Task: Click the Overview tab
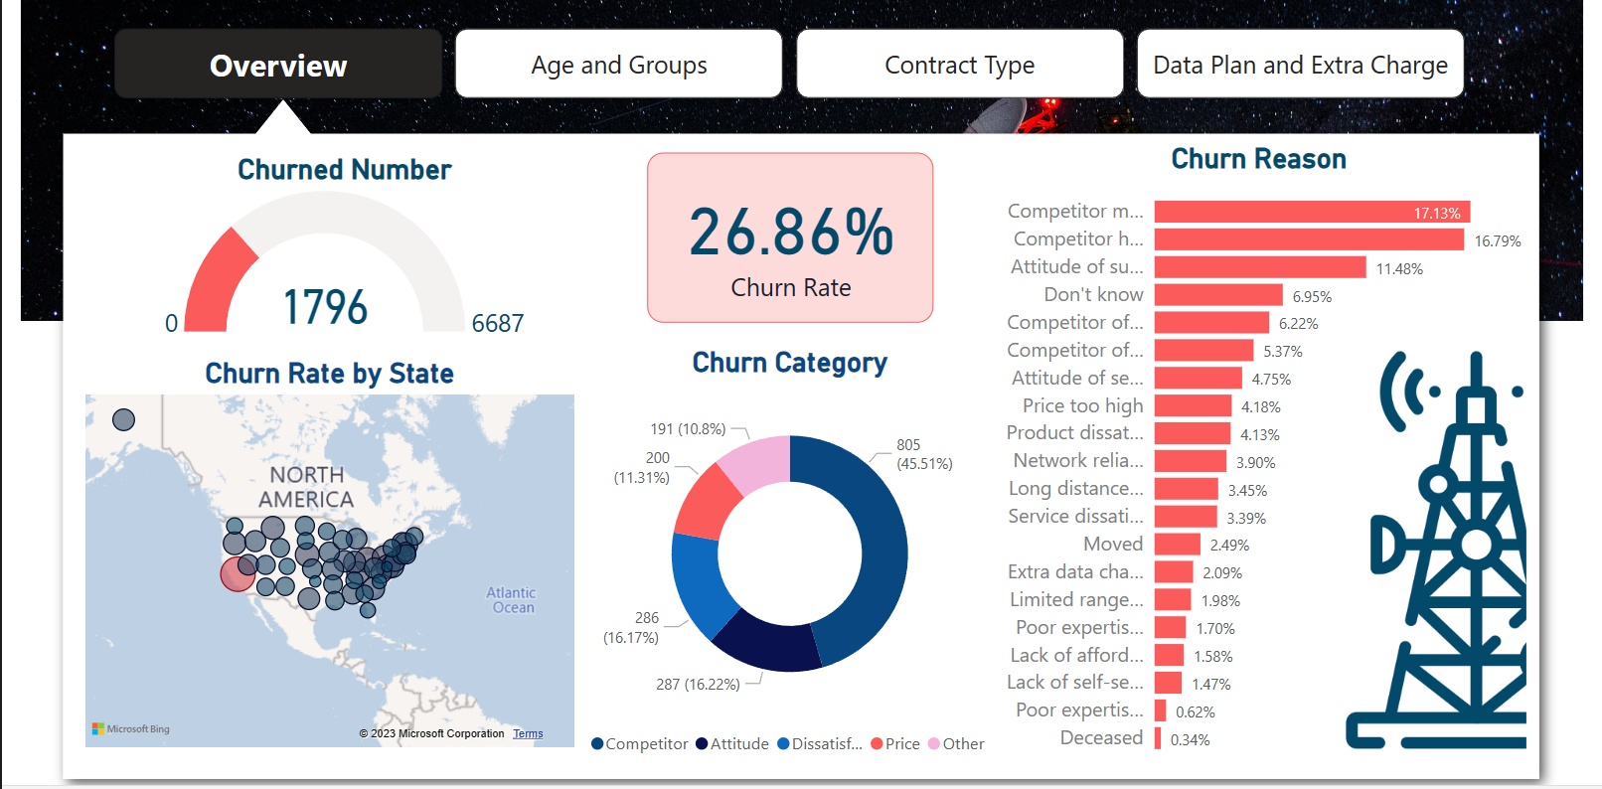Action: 278,65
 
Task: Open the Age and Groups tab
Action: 618,65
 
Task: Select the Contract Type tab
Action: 959,65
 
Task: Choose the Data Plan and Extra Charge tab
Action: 1300,65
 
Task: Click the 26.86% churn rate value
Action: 791,233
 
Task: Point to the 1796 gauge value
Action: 325,307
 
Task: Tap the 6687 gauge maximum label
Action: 497,323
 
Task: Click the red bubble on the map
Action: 238,573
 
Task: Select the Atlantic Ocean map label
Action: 512,600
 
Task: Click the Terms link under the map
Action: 528,733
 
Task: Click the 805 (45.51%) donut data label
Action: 923,454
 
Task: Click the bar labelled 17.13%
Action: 1311,212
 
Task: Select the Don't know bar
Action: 1218,295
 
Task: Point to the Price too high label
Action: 1082,405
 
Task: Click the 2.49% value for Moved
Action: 1229,545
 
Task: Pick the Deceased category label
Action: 1101,737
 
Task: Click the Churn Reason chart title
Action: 1258,159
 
